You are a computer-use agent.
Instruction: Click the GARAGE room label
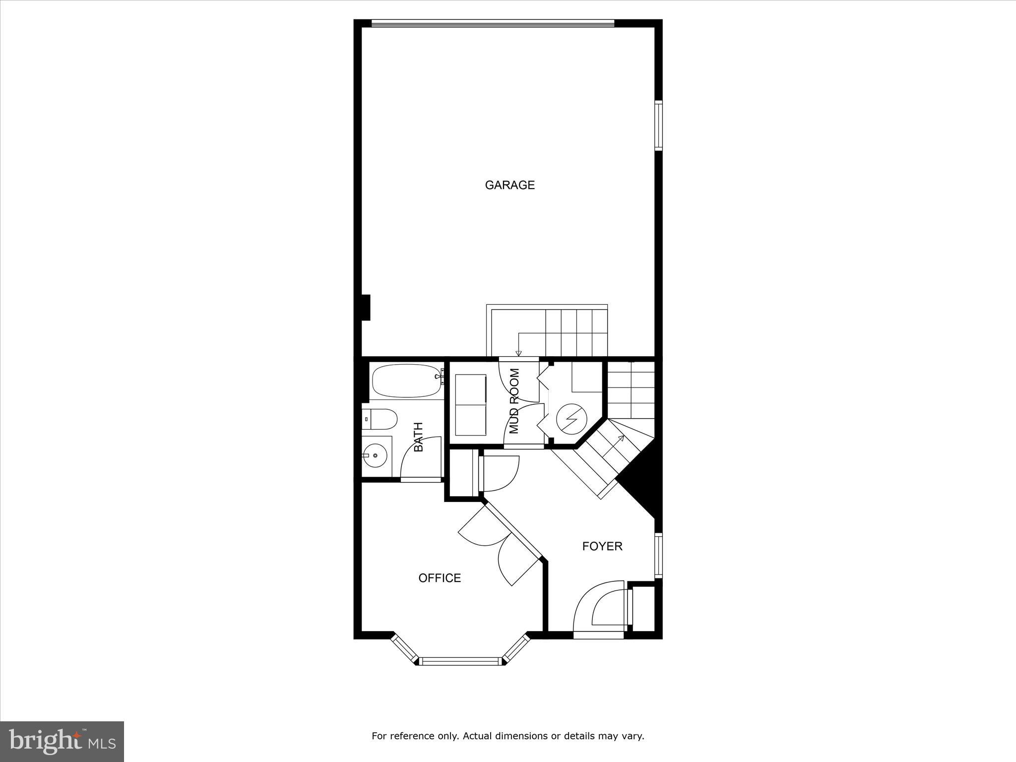pyautogui.click(x=509, y=185)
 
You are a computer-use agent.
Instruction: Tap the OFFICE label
pyautogui.click(x=440, y=578)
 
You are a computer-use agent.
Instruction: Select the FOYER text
pyautogui.click(x=602, y=546)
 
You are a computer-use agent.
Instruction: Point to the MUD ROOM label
pyautogui.click(x=514, y=401)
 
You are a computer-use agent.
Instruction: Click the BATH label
pyautogui.click(x=418, y=437)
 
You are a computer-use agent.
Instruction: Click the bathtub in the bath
pyautogui.click(x=406, y=381)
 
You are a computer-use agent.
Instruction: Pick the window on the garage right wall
pyautogui.click(x=658, y=125)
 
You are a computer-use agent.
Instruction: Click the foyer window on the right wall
pyautogui.click(x=658, y=556)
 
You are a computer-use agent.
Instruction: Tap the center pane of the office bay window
pyautogui.click(x=460, y=661)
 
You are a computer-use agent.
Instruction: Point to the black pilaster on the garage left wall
pyautogui.click(x=366, y=308)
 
